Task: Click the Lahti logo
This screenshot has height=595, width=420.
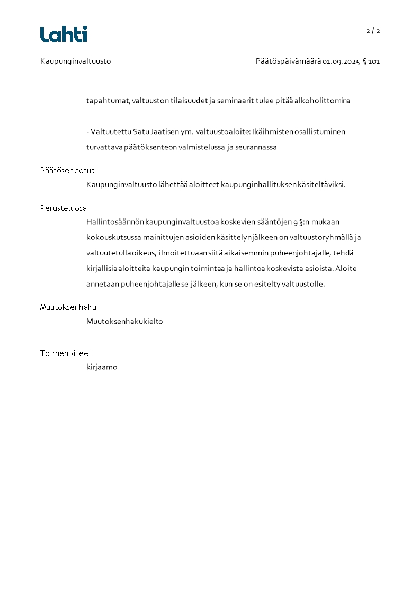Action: (64, 34)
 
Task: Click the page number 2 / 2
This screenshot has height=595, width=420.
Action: (373, 31)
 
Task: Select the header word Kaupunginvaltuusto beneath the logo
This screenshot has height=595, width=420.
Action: (75, 61)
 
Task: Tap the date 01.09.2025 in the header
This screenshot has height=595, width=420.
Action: (341, 61)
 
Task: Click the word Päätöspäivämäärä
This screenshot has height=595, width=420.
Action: (288, 61)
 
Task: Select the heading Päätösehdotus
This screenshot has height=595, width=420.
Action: (67, 171)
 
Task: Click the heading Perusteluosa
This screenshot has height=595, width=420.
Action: (63, 208)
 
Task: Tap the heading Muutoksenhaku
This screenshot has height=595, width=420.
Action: (68, 307)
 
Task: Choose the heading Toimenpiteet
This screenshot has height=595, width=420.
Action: (66, 353)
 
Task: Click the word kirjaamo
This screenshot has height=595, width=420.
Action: (102, 367)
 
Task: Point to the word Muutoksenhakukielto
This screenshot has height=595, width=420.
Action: (124, 321)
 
